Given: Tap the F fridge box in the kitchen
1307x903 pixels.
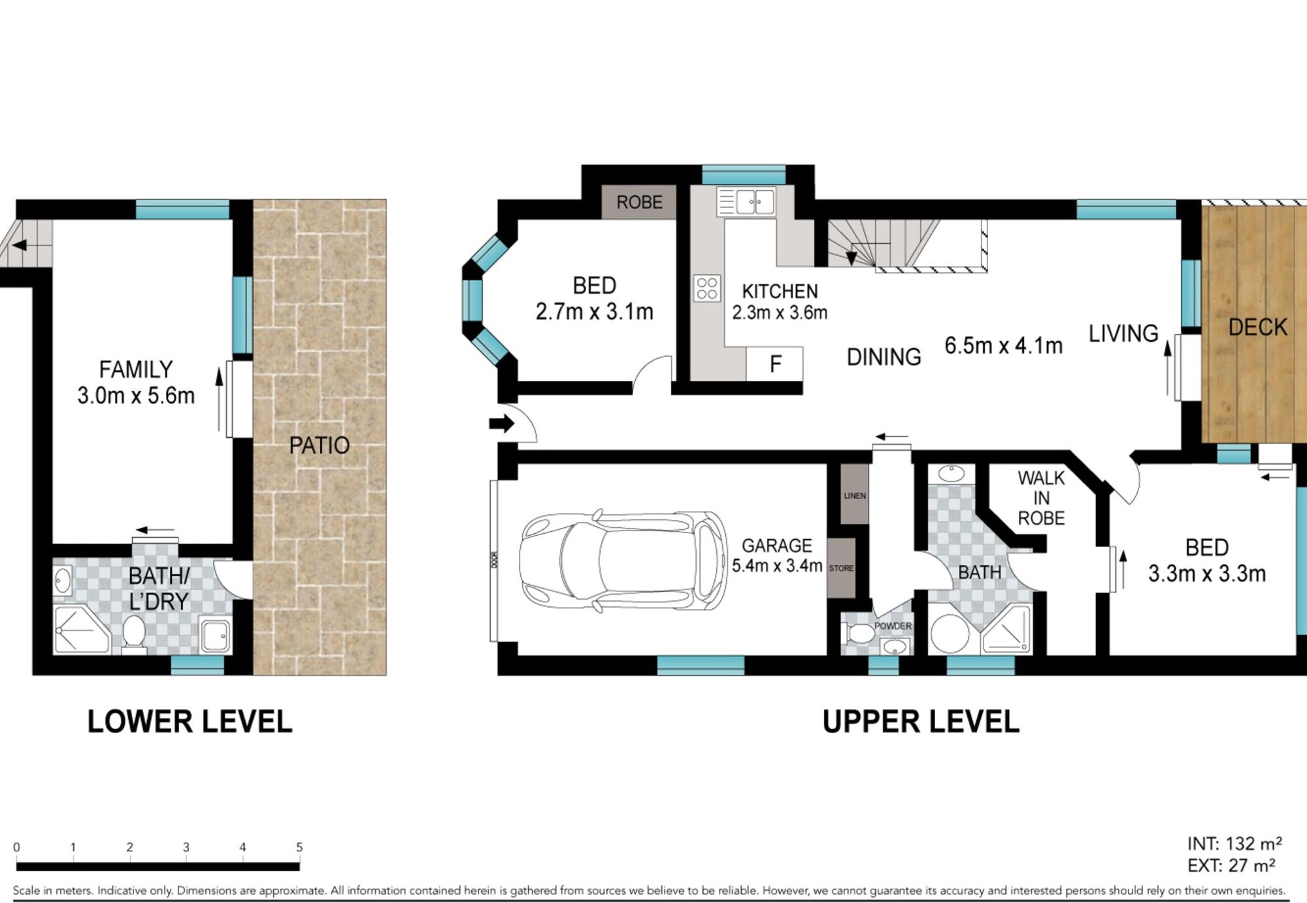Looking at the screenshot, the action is point(774,363).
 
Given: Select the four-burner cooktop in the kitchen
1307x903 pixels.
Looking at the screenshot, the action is point(707,288).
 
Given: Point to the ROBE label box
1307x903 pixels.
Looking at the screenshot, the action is point(639,202).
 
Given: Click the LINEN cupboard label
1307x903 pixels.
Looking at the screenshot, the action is point(854,495).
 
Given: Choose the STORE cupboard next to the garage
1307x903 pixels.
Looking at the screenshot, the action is point(841,568).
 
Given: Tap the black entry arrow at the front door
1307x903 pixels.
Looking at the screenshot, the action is point(502,424).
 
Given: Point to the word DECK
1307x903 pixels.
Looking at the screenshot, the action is point(1257,327).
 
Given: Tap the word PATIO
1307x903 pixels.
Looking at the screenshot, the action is point(319,446).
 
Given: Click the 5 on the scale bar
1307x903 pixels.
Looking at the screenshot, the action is point(299,847).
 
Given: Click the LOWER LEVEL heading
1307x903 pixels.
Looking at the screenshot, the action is point(190,722).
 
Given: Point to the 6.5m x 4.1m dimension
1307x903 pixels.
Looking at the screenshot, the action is point(1003,345).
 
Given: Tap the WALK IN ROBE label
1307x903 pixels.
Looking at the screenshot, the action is point(1041,498).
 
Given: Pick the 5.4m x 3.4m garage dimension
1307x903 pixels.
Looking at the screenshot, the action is point(776,565).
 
